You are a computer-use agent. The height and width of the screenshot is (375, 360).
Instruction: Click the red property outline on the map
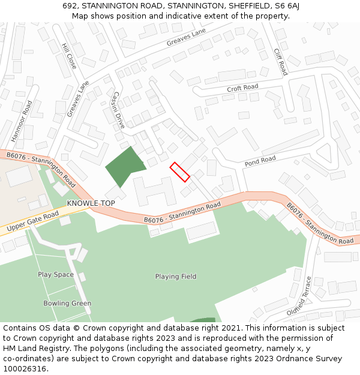[179, 172]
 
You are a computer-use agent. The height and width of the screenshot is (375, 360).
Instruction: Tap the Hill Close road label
[69, 56]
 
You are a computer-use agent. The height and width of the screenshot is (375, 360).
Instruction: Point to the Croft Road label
[242, 88]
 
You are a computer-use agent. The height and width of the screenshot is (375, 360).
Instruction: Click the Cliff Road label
[281, 62]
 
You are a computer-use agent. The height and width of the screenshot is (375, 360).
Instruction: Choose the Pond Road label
[260, 160]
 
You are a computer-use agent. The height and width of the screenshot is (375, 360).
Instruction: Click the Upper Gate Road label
[32, 221]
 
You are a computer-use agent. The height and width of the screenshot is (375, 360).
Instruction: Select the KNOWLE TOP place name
[91, 203]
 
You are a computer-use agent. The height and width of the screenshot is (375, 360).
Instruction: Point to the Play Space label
[56, 275]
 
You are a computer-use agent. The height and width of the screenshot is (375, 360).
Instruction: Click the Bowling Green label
[67, 304]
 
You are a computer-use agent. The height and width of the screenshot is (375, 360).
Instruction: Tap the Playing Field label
[176, 277]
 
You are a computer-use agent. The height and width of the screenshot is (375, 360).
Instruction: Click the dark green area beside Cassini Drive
[125, 166]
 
